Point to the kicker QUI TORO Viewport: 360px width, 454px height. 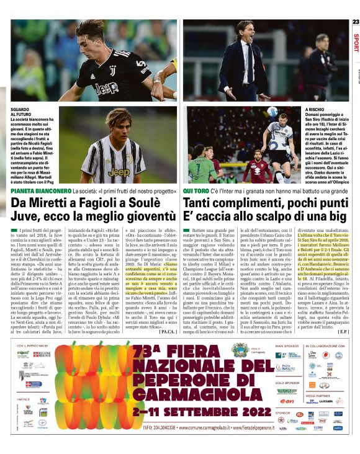coord(196,190)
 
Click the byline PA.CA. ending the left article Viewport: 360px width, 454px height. coord(167,331)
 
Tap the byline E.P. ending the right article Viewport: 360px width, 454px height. coord(343,331)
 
